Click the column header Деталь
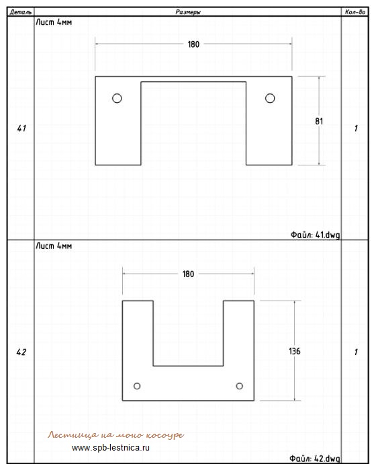pyautogui.click(x=21, y=12)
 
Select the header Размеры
pyautogui.click(x=188, y=12)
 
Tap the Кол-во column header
pyautogui.click(x=355, y=12)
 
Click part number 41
pyautogui.click(x=21, y=128)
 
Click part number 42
pyautogui.click(x=21, y=352)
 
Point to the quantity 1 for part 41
pyautogui.click(x=356, y=128)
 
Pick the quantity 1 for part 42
pyautogui.click(x=356, y=352)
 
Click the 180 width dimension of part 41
pyautogui.click(x=193, y=44)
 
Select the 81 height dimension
pyautogui.click(x=319, y=121)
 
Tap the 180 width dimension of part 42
pyautogui.click(x=188, y=274)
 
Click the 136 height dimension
pyautogui.click(x=295, y=351)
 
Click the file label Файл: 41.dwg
pyautogui.click(x=315, y=235)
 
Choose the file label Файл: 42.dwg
pyautogui.click(x=314, y=459)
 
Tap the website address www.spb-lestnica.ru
pyautogui.click(x=111, y=447)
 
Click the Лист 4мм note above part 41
pyautogui.click(x=54, y=22)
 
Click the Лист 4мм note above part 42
pyautogui.click(x=54, y=246)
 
